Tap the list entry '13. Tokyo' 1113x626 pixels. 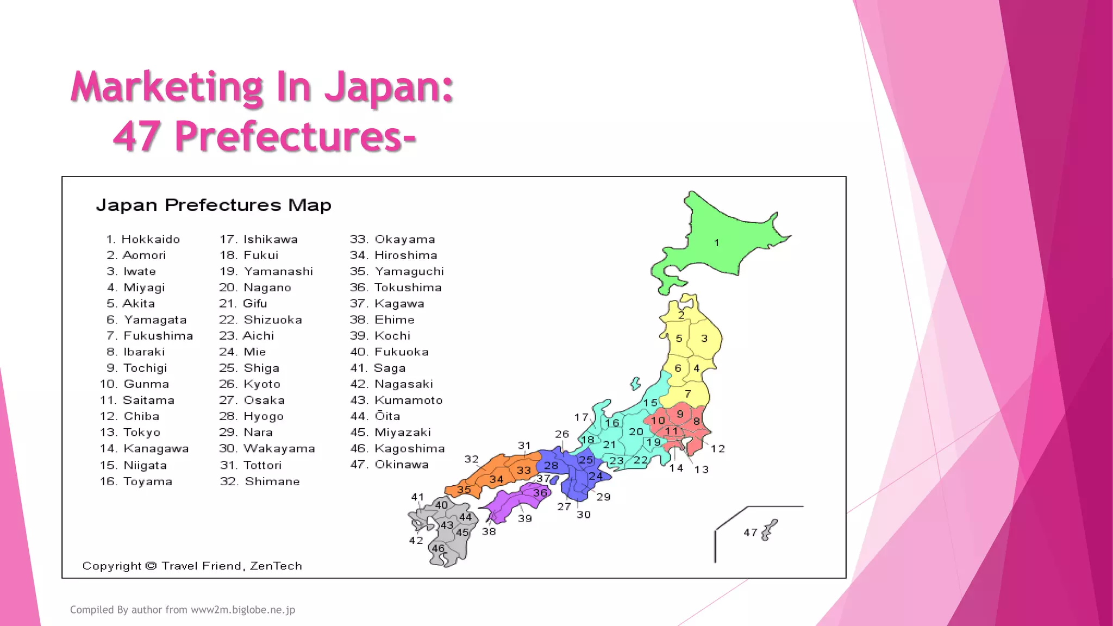coord(130,433)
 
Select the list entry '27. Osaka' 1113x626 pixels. coord(252,400)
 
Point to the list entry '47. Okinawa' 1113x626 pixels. coord(389,465)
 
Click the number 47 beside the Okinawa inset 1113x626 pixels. coord(751,533)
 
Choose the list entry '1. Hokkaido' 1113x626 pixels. coord(143,239)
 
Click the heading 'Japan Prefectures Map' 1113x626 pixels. coord(214,205)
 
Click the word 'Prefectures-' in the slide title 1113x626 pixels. coord(295,136)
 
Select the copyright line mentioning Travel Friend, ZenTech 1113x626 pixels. coord(192,566)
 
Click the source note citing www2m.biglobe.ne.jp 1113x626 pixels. coord(183,610)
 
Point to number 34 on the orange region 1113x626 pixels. coord(496,479)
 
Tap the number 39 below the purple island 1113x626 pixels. coord(525,518)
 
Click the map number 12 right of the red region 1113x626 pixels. coord(718,449)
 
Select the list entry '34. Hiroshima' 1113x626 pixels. coord(393,255)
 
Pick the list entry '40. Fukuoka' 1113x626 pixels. coord(389,352)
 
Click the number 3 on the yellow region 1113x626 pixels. coord(704,339)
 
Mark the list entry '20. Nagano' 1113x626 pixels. coord(255,287)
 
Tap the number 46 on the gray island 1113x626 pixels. coord(438,548)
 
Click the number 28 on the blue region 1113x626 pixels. coord(551,466)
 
